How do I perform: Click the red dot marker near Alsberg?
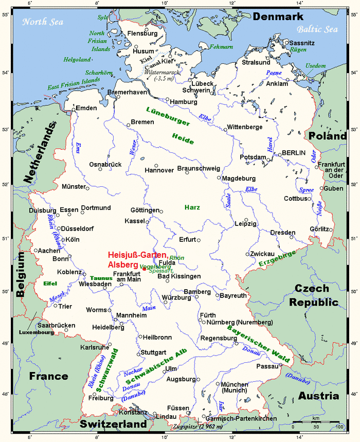tap(144, 269)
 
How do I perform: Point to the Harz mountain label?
tap(192, 207)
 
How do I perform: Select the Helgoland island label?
tap(77, 60)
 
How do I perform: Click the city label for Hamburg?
tap(184, 102)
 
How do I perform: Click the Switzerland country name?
tap(113, 425)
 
